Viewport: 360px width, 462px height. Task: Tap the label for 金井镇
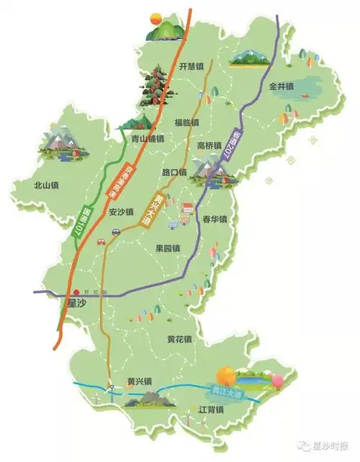[282, 86]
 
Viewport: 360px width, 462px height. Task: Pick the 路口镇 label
[174, 173]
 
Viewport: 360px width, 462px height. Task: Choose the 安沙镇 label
[121, 213]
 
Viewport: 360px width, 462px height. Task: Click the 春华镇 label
[215, 219]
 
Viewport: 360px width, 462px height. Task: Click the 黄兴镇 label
[139, 382]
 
